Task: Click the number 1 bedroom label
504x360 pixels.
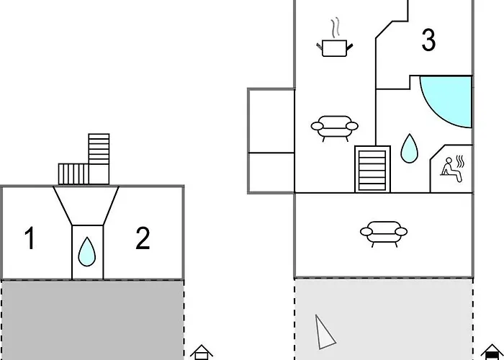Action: point(30,238)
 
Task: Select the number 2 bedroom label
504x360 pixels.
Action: point(143,238)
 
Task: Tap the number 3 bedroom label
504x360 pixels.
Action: point(428,40)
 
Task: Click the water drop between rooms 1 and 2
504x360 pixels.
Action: point(87,252)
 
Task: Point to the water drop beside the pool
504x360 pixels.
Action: point(409,148)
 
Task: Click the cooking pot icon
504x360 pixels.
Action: point(334,48)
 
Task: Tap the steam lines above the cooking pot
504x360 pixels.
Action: point(336,27)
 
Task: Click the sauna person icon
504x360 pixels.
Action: point(452,168)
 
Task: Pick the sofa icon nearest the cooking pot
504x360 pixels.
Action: point(334,128)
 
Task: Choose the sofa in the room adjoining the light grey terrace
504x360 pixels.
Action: point(384,234)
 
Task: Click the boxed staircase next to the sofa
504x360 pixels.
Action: point(372,169)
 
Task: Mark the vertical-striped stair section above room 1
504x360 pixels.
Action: point(73,174)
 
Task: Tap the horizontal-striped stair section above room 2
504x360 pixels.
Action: point(99,149)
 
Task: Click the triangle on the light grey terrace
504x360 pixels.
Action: point(325,333)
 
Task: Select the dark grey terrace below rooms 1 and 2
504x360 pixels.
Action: point(93,320)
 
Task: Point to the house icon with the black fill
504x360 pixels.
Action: point(492,352)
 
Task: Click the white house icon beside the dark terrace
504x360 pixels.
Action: point(201,352)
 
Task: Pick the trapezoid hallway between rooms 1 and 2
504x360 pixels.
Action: point(86,205)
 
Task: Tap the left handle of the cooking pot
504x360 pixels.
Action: point(319,47)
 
